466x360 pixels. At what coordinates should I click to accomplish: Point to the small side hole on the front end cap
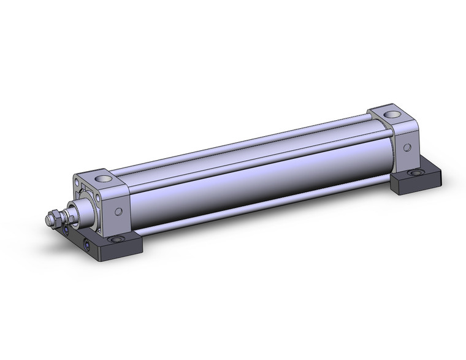click(118, 212)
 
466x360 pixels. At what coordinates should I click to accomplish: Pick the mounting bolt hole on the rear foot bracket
click(417, 173)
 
